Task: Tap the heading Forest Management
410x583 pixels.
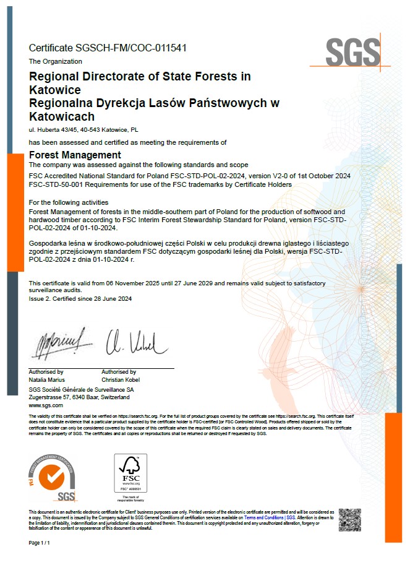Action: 75,155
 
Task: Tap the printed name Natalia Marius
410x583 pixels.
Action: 47,379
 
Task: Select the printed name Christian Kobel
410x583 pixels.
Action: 120,379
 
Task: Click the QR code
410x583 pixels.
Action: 349,519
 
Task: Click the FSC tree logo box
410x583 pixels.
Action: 130,473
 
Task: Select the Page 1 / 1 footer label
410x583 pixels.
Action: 39,542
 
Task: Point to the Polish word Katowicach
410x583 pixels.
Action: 62,116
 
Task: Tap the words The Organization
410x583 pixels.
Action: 56,61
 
